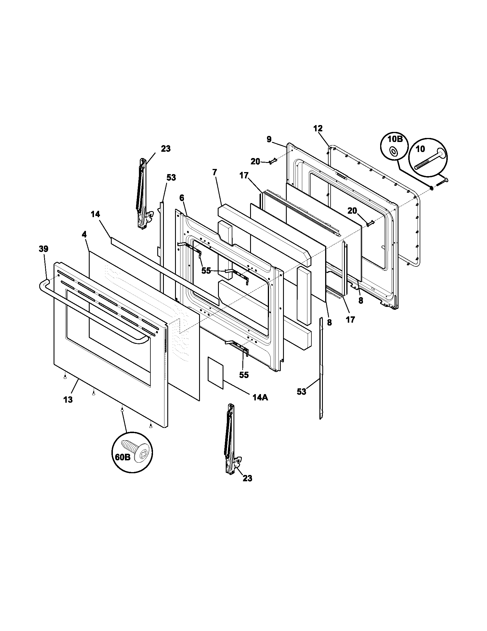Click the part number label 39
pos(44,249)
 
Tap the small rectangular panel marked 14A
pos(215,372)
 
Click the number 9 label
pos(269,140)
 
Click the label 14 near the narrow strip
pos(95,214)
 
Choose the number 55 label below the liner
pos(244,375)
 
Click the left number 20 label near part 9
pos(255,161)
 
